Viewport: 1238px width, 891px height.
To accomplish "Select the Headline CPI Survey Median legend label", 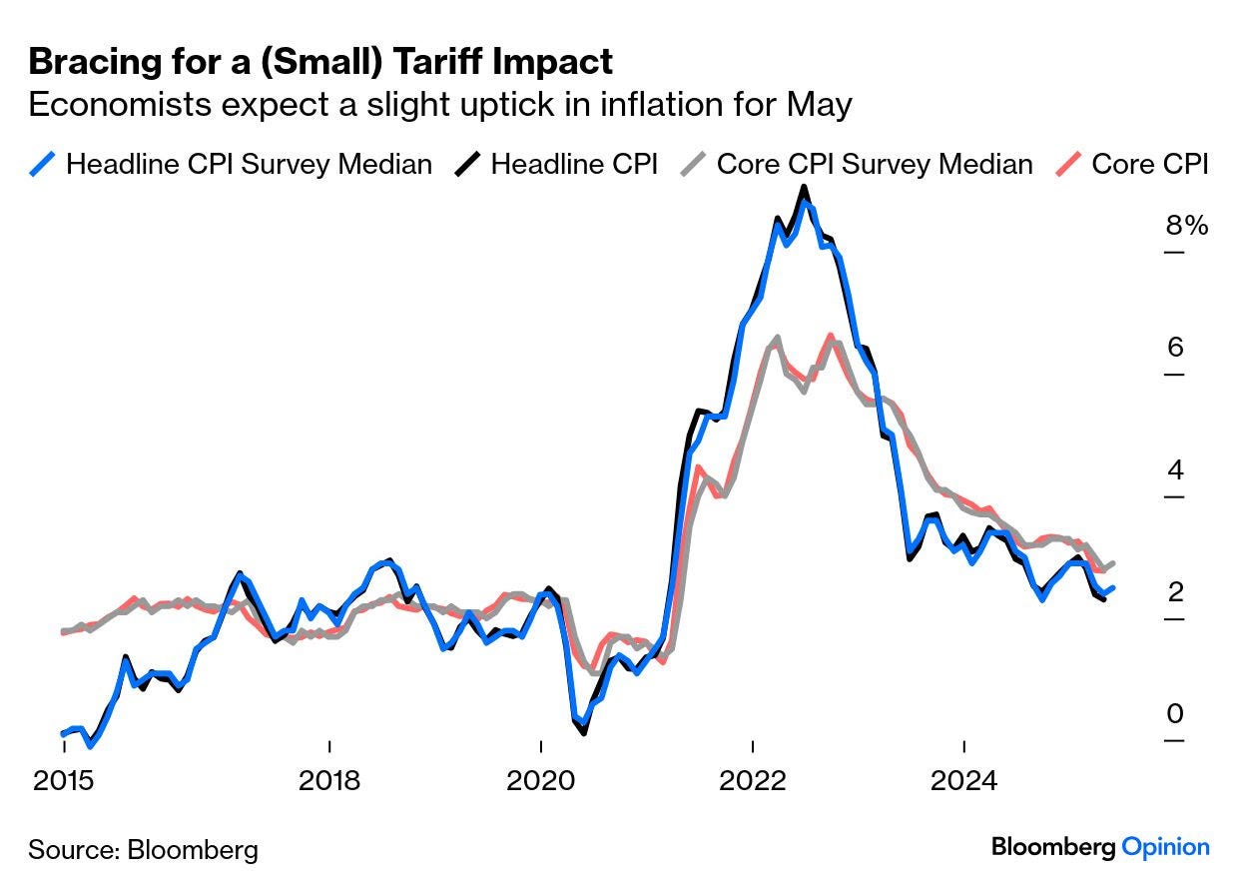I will (249, 163).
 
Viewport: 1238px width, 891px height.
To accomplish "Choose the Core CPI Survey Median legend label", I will (875, 163).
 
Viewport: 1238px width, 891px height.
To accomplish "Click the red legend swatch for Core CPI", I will (1069, 163).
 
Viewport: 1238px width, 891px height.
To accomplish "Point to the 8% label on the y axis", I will (1187, 226).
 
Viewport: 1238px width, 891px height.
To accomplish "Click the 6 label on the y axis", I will (1174, 348).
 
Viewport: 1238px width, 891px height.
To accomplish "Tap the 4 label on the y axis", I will (1174, 469).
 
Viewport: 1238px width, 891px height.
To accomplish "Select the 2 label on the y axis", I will (1174, 592).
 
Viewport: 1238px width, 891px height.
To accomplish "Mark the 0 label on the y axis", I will (1174, 714).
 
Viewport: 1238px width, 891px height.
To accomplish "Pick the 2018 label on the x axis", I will (328, 779).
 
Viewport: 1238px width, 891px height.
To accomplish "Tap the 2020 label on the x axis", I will (540, 779).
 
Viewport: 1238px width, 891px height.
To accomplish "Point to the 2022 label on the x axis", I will (752, 779).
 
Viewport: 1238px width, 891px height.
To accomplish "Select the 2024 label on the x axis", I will (963, 779).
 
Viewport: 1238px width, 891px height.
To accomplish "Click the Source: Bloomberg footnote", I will (143, 850).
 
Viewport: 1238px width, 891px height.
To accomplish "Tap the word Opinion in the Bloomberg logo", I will (1165, 847).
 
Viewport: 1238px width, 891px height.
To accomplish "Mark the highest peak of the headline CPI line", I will (805, 189).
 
